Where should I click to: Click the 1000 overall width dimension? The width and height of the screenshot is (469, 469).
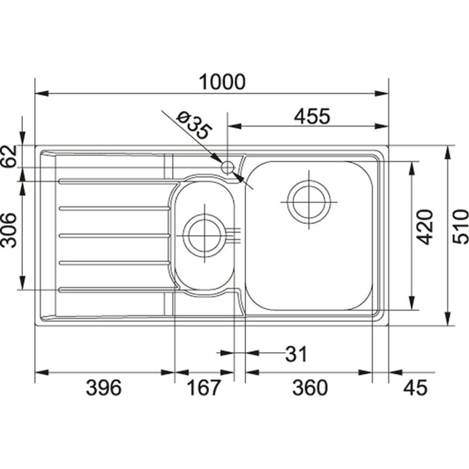222,82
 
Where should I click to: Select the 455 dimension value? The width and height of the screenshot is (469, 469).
312,116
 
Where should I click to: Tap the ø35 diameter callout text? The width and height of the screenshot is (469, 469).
195,126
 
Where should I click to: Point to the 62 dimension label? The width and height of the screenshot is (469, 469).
9,156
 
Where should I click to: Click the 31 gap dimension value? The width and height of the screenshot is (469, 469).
296,354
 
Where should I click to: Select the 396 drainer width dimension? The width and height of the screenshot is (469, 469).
104,387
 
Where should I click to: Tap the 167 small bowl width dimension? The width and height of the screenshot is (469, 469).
203,387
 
